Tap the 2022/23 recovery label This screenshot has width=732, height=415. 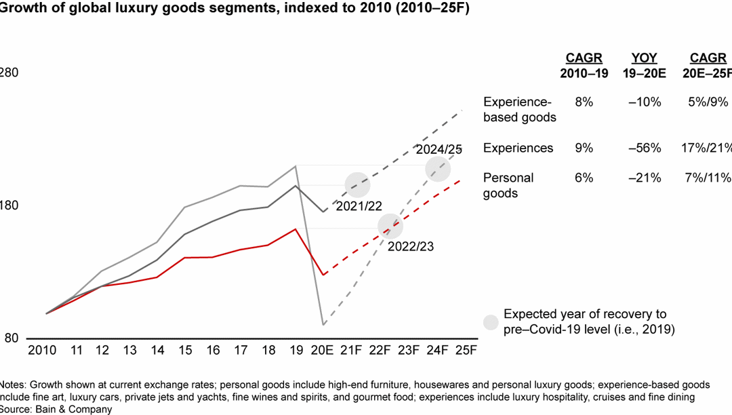click(x=410, y=246)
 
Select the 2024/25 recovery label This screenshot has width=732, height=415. click(x=439, y=150)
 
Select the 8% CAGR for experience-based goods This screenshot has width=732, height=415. click(x=584, y=102)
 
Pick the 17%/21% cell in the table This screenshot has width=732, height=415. click(x=709, y=148)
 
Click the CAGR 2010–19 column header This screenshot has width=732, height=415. click(x=584, y=66)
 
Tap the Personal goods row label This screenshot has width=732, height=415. click(x=508, y=185)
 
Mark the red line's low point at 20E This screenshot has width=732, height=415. click(x=325, y=275)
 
